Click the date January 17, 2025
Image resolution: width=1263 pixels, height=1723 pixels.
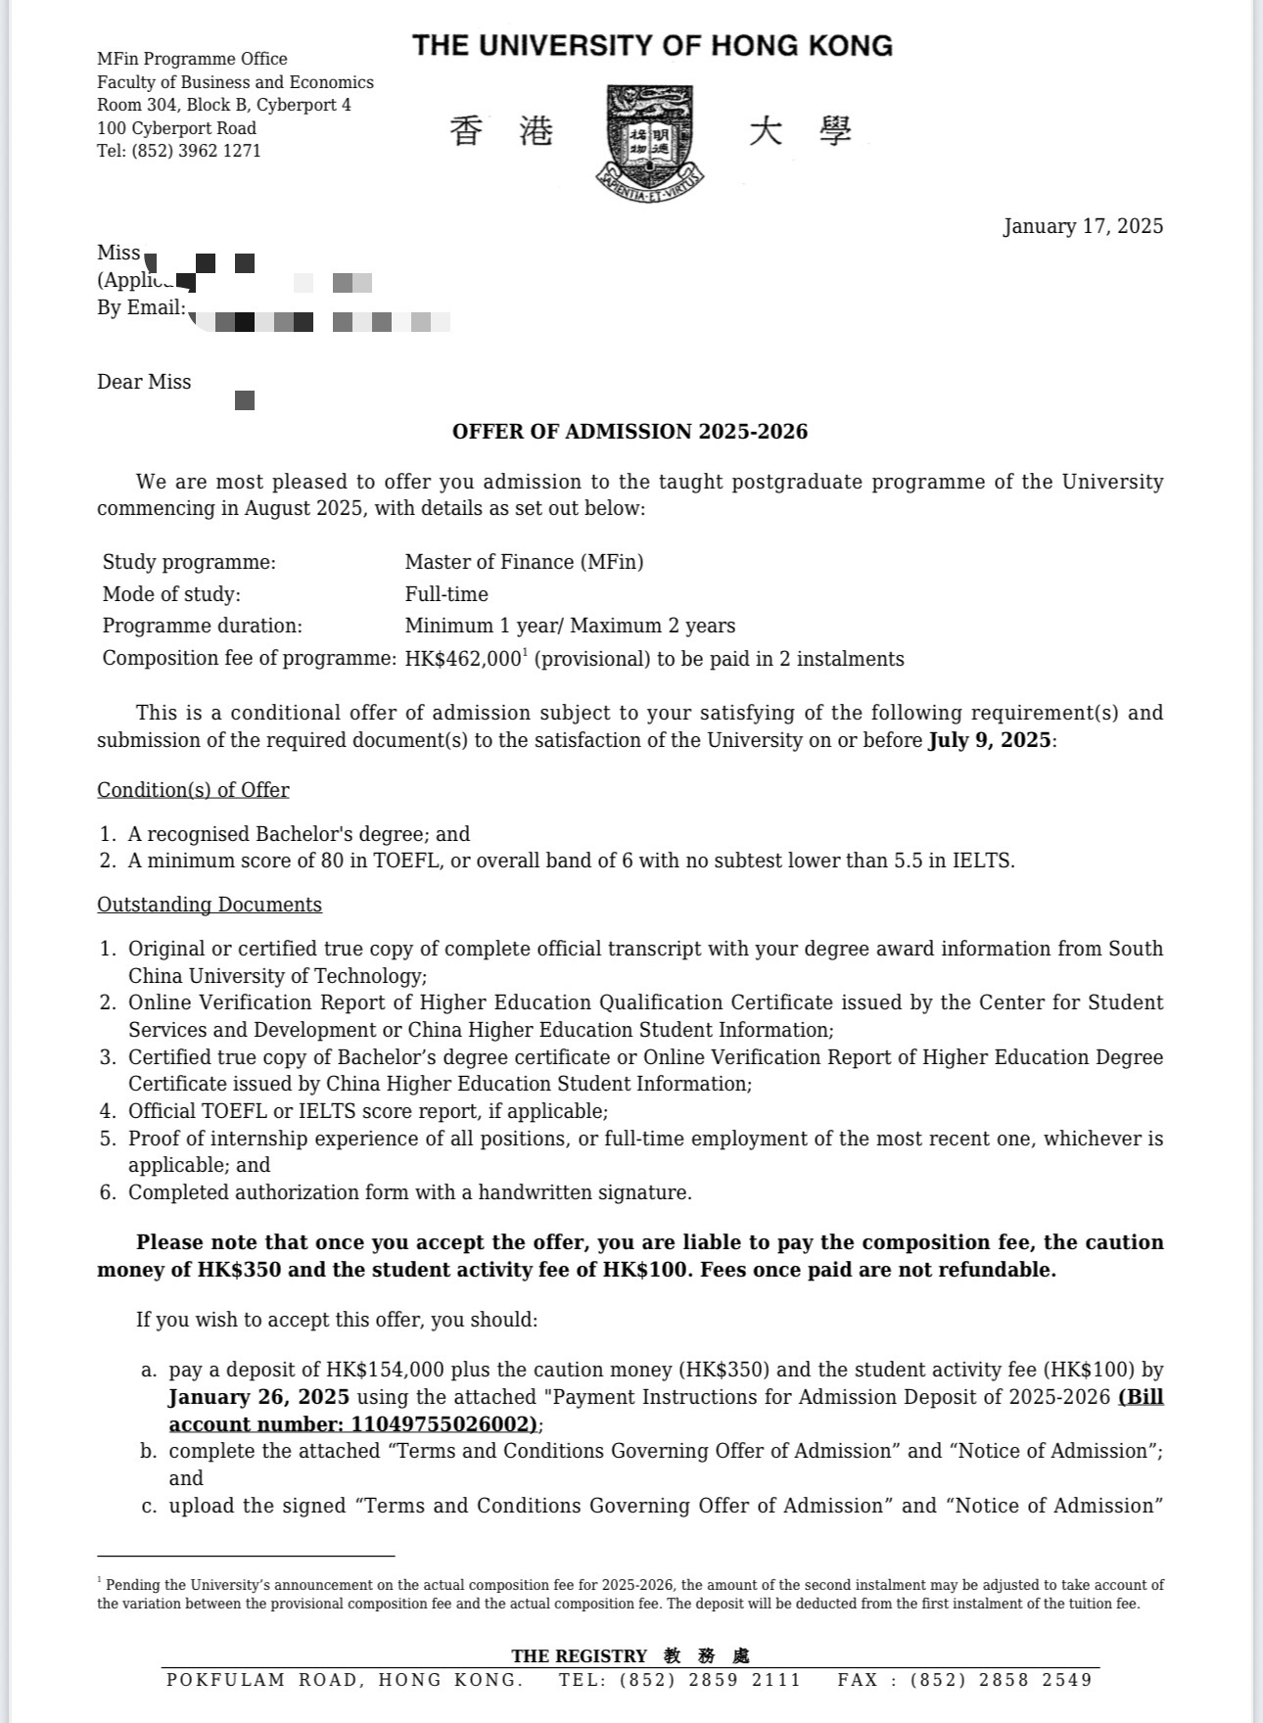tap(1083, 226)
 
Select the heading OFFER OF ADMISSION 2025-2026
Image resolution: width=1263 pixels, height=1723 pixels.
tap(630, 432)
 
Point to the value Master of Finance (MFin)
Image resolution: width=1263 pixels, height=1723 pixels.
tap(524, 562)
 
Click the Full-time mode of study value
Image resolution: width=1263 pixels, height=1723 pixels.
tap(446, 594)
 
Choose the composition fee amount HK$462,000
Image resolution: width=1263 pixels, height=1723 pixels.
tap(463, 659)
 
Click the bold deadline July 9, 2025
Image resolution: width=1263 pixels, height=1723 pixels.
tap(989, 740)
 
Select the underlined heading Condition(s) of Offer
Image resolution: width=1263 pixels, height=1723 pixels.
tap(193, 790)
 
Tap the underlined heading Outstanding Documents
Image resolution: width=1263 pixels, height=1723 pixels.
tap(210, 905)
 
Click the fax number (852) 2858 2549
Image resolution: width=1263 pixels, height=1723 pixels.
tap(1001, 1680)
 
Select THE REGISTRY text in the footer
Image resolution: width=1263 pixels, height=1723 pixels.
tap(579, 1656)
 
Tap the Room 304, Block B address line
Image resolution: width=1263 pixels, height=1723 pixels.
tap(224, 105)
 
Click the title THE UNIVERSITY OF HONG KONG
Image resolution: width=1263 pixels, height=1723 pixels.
tap(652, 46)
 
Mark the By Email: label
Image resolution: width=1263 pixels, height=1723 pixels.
tap(141, 307)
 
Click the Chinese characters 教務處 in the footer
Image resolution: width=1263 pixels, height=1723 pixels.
tap(706, 1656)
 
